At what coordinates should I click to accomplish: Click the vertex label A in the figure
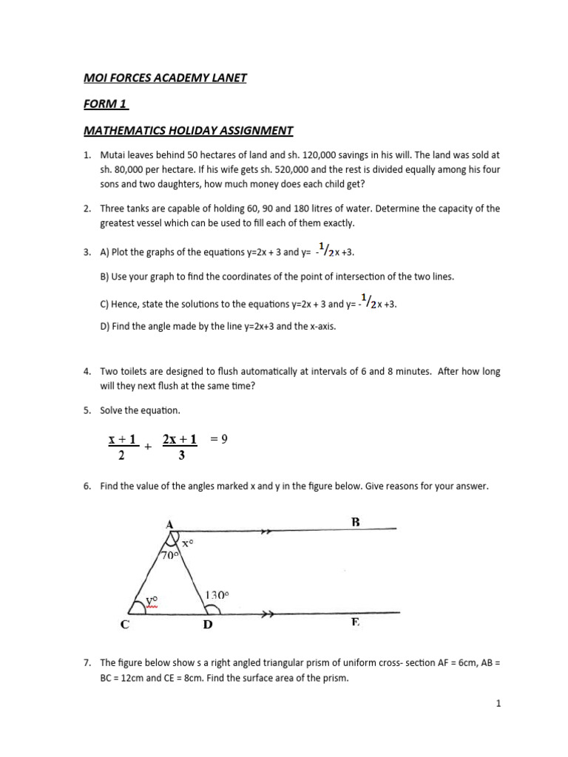tap(170, 524)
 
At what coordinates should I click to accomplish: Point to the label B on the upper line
tap(356, 522)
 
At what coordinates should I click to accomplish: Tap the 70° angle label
tap(169, 555)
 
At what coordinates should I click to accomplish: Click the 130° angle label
tap(217, 594)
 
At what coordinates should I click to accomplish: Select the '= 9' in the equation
tap(220, 439)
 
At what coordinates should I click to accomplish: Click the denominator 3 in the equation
tap(181, 456)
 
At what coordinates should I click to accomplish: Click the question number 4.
tap(87, 372)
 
